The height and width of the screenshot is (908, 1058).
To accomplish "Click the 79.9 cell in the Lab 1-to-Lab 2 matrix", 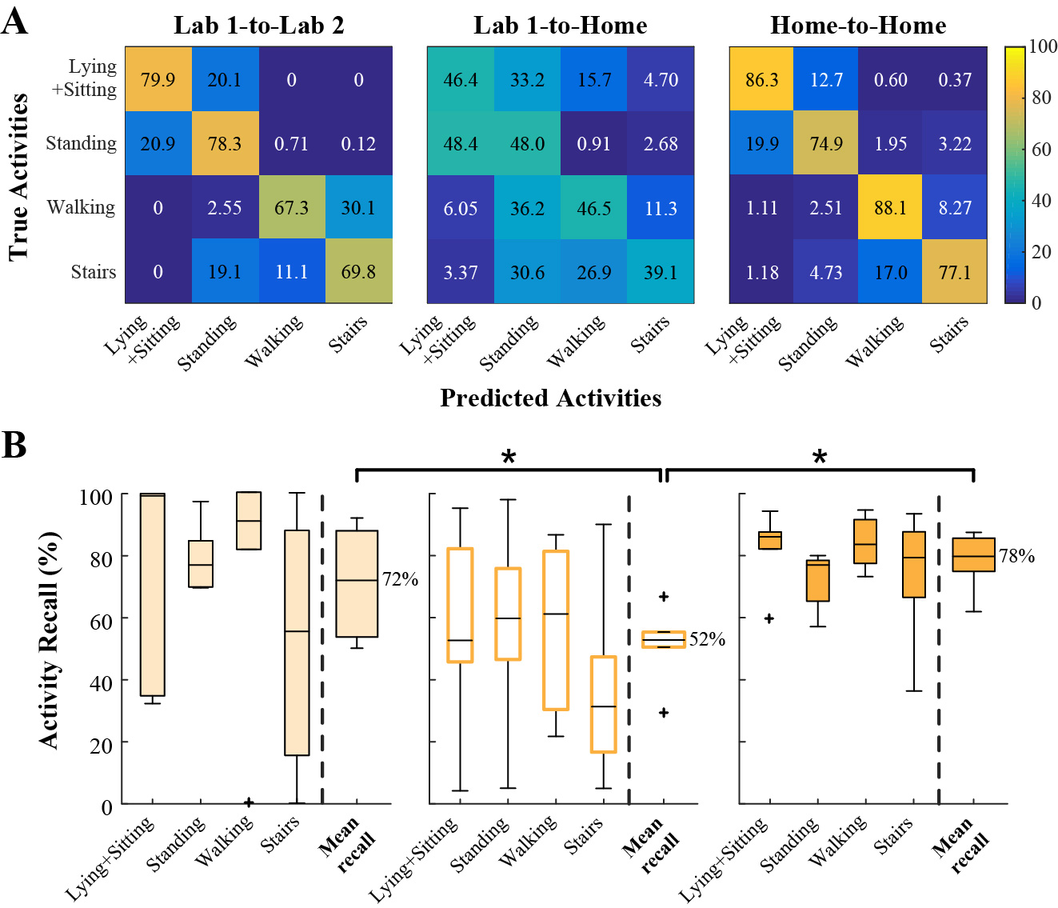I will point(158,80).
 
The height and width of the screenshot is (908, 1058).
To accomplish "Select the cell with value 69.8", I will point(358,272).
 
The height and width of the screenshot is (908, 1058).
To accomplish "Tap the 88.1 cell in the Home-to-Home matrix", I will point(890,208).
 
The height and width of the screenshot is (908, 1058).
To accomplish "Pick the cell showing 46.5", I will point(594,209).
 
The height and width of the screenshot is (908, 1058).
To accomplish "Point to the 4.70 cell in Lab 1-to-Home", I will point(661,80).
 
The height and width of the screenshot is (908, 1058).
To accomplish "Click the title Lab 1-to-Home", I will point(560,26).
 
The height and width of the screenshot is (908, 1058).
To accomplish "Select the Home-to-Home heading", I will point(858,26).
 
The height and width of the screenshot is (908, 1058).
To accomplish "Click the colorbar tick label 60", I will point(1041,150).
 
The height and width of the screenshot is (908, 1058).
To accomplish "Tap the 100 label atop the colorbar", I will point(1043,46).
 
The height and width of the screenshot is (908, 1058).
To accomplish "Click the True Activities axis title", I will point(18,177).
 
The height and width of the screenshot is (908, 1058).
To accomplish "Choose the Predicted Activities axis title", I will point(550,398).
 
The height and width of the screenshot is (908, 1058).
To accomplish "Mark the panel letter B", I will point(14,446).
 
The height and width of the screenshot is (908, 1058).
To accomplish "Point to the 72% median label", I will point(401,579).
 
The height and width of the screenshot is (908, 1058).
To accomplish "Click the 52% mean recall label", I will point(707,639).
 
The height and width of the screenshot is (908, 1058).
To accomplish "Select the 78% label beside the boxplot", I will point(1016,556).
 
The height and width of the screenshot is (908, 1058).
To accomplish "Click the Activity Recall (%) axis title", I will point(50,640).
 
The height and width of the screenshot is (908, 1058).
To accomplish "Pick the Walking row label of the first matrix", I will point(81,207).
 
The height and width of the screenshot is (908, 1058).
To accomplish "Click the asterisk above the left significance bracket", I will point(509,458).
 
